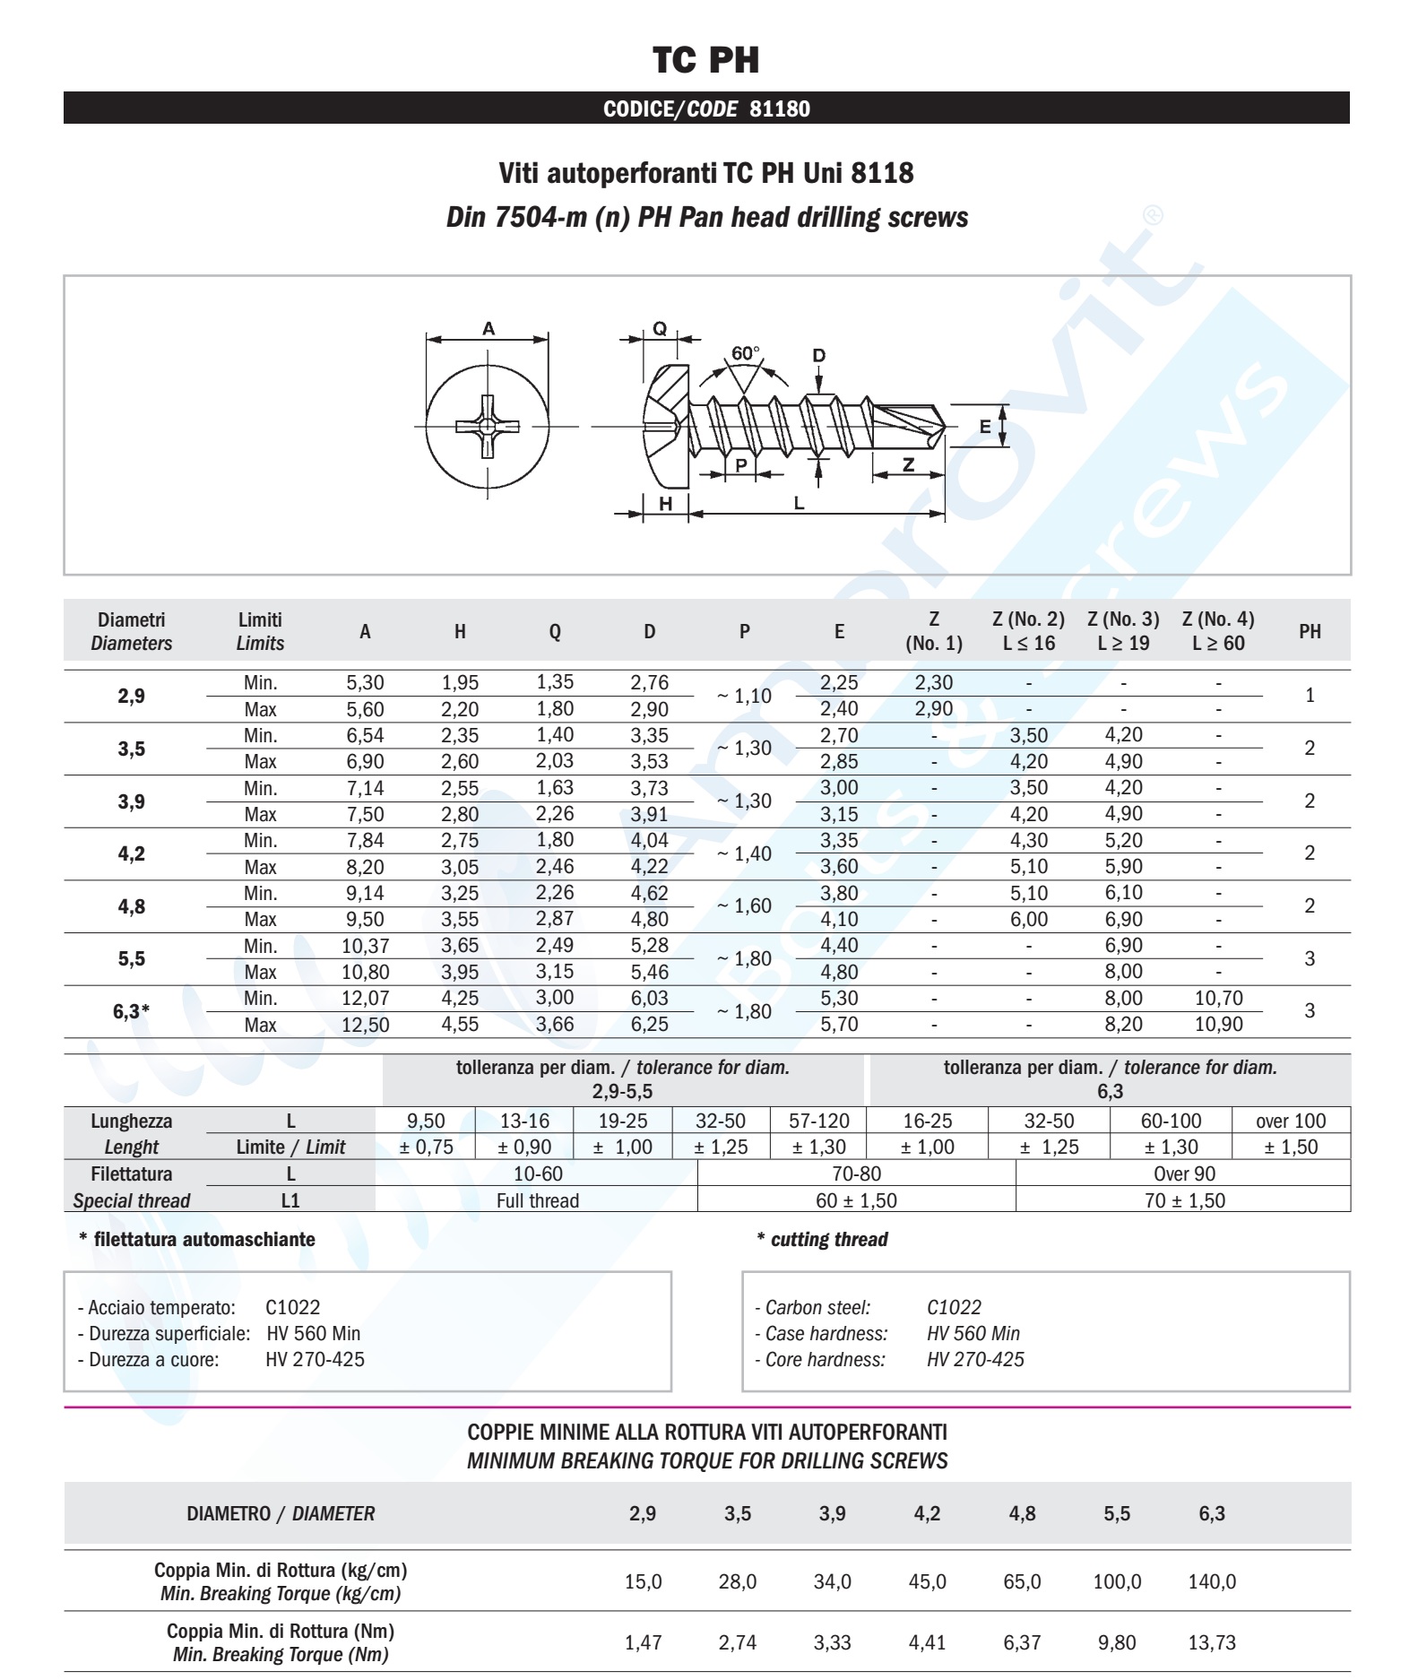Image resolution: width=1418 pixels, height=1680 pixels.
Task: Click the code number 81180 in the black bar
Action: [779, 109]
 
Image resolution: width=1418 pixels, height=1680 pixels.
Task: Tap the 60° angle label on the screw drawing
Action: [745, 353]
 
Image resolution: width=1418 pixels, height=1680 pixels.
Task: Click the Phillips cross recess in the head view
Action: [487, 427]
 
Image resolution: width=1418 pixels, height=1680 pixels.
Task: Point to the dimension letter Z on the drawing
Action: [908, 464]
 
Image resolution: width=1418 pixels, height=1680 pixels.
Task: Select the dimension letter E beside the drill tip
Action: [985, 427]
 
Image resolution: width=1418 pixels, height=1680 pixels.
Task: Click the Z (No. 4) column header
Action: [1218, 631]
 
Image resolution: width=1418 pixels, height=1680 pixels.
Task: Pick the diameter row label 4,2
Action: [132, 853]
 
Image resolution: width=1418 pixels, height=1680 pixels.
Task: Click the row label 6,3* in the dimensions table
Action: [132, 1011]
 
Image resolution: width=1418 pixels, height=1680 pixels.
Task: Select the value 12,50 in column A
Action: [365, 1025]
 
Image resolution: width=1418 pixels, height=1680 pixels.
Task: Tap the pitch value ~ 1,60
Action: [744, 906]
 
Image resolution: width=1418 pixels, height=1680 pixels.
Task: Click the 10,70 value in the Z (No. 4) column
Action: [1218, 999]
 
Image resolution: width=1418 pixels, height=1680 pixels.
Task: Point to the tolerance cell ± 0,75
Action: [426, 1147]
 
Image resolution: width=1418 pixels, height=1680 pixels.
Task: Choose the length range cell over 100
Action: [1291, 1121]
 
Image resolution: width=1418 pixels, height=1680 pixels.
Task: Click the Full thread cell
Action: [538, 1201]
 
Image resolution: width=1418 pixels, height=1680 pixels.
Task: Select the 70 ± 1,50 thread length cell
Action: [1184, 1201]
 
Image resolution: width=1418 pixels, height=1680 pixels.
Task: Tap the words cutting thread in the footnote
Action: [829, 1240]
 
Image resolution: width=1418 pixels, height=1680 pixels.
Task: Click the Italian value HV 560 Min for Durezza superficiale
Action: [314, 1334]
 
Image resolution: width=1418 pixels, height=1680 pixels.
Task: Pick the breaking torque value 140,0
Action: [1212, 1582]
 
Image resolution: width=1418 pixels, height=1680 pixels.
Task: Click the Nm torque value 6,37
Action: [1022, 1643]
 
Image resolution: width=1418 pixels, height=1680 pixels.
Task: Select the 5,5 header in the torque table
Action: [1117, 1514]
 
